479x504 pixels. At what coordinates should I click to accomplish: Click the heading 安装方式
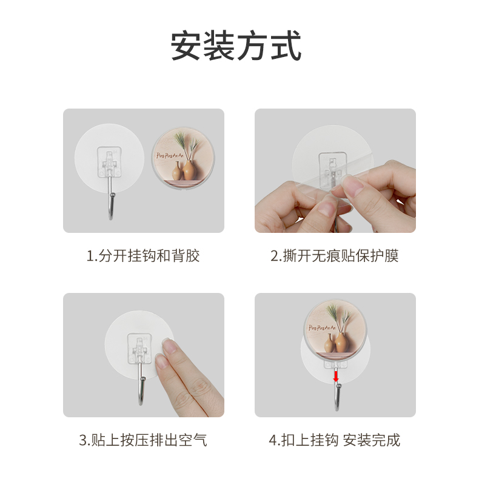[x=236, y=47]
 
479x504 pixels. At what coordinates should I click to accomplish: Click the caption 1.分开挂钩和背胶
[x=143, y=256]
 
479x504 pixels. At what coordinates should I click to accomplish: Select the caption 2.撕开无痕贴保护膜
[x=334, y=256]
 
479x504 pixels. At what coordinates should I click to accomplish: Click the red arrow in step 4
[x=336, y=377]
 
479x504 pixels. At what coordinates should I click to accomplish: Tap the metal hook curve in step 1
[x=110, y=209]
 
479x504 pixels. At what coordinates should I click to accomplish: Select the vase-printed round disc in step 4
[x=335, y=331]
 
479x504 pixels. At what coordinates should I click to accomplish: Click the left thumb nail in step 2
[x=325, y=209]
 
